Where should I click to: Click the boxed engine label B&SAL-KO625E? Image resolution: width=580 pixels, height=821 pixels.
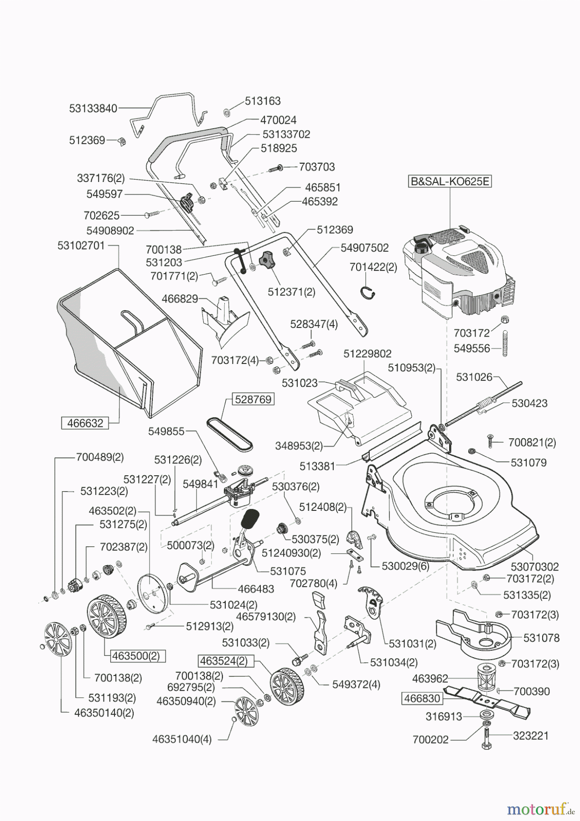tap(450, 181)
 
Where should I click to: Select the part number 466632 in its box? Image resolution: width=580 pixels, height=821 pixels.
tap(85, 423)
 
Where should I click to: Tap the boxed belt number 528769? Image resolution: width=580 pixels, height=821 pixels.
tap(253, 399)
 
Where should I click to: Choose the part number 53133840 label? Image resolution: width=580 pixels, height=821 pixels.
tap(93, 108)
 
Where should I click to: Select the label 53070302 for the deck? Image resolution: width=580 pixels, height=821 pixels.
tap(534, 566)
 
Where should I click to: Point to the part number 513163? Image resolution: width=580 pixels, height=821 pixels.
tap(263, 100)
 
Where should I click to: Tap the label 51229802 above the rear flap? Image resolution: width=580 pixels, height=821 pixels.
tap(368, 353)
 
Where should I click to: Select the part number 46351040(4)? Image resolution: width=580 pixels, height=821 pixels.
tap(181, 739)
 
